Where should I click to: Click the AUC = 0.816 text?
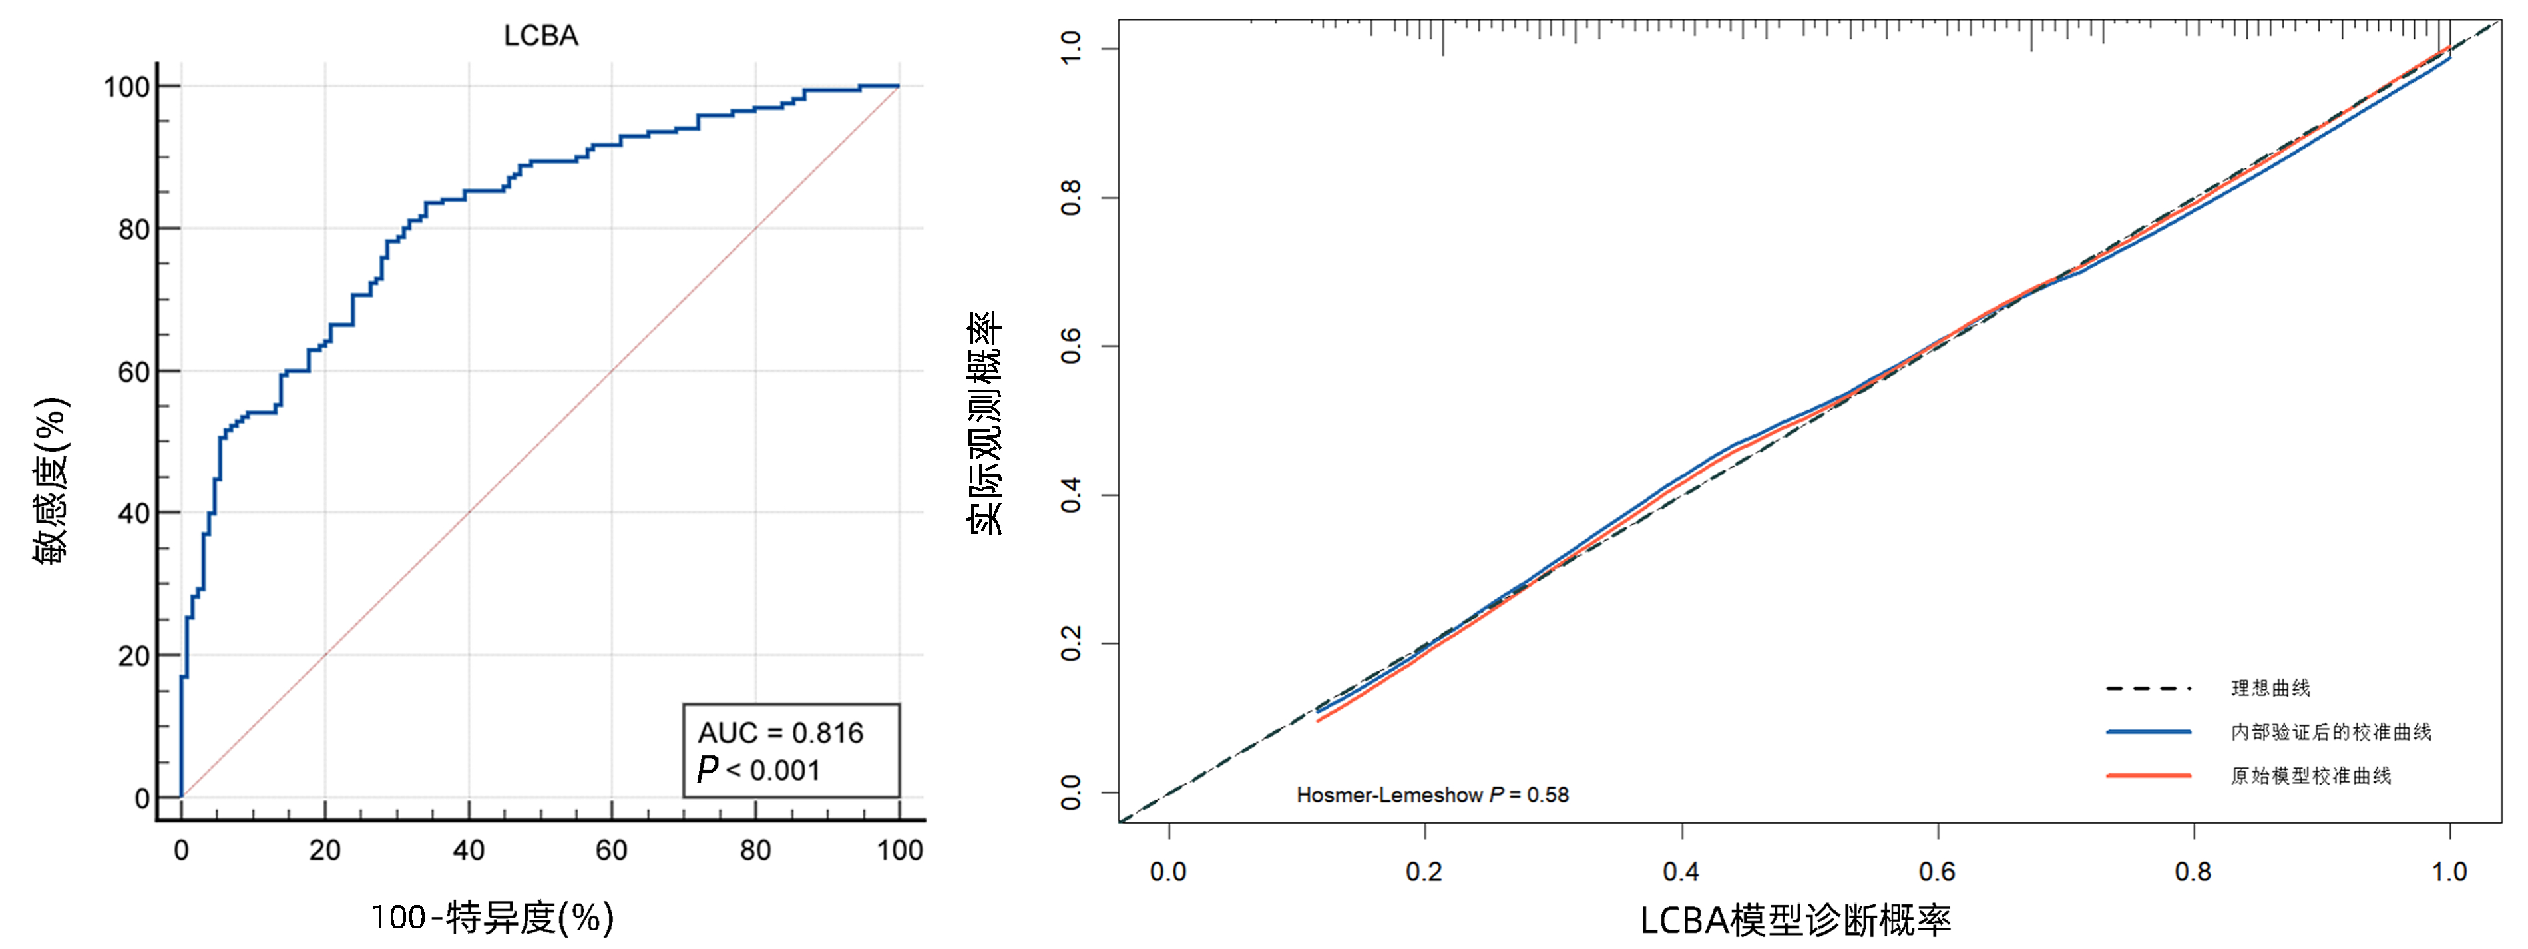(x=780, y=733)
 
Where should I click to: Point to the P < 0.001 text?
(x=757, y=769)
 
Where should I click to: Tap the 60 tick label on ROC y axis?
(x=134, y=372)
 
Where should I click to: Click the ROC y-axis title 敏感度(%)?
(x=51, y=480)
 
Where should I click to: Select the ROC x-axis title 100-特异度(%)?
(x=492, y=918)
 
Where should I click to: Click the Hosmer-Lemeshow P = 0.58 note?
(x=1432, y=795)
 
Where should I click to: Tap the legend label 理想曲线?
(x=2270, y=688)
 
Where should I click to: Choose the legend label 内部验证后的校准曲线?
(x=2331, y=732)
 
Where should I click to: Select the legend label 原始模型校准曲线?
(x=2310, y=775)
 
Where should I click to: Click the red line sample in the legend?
(x=2148, y=775)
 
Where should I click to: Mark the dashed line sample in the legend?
(x=2148, y=688)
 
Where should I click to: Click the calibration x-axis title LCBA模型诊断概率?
(x=1795, y=920)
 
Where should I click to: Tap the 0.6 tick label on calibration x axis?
(x=1937, y=872)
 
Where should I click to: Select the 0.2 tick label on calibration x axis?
(x=1424, y=872)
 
